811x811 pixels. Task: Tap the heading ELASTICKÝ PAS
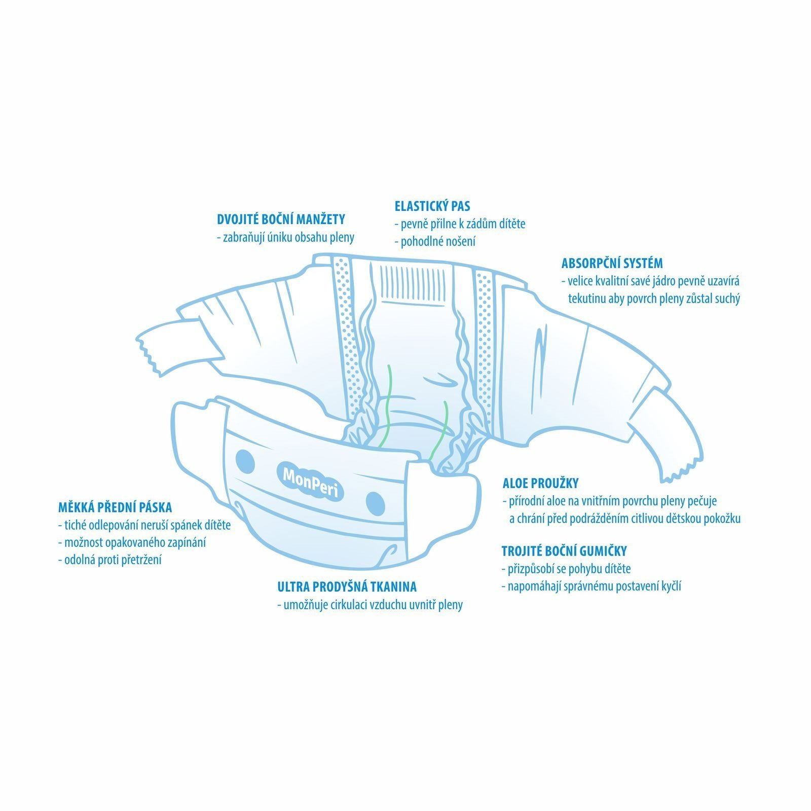click(432, 206)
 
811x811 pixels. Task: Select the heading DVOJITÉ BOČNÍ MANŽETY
click(281, 219)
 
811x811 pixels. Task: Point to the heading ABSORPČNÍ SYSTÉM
click(612, 263)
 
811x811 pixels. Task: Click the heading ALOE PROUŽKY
click(540, 483)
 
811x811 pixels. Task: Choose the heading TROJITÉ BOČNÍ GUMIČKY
click(564, 551)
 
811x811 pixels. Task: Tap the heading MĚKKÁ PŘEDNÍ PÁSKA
click(115, 507)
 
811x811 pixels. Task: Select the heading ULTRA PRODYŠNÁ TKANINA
click(347, 586)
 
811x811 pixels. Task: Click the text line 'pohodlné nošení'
click(435, 241)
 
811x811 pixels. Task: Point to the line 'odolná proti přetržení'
click(110, 560)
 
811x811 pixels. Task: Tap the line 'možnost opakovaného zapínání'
click(132, 542)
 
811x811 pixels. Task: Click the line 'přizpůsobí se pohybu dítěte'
click(566, 569)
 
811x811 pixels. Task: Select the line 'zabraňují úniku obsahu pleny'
click(285, 237)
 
